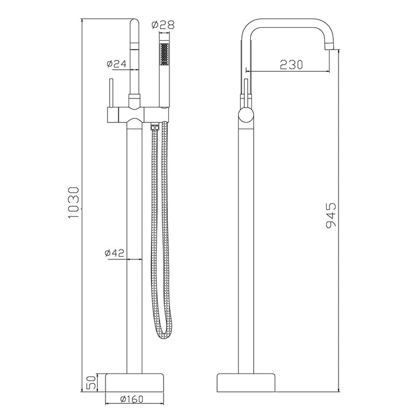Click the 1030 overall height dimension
(74, 202)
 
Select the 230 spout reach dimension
(291, 64)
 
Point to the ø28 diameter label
(163, 25)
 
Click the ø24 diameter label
(117, 63)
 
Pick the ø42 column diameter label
(114, 253)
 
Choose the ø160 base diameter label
(132, 399)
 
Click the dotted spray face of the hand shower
(164, 54)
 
